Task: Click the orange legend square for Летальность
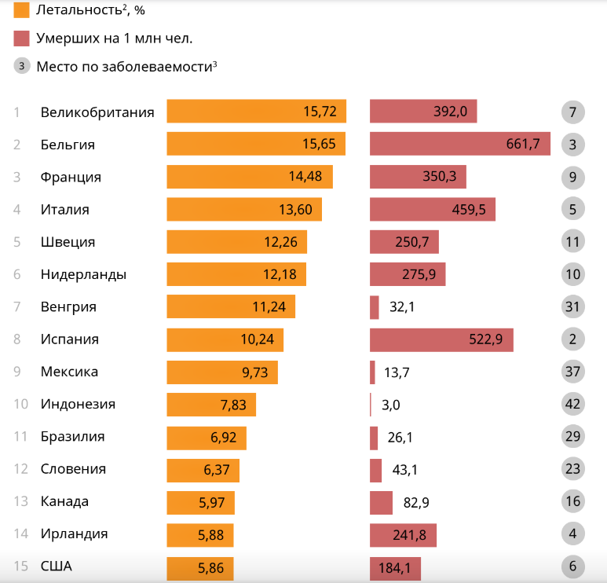point(22,10)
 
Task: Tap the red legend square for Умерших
point(22,38)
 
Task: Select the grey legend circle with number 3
point(22,66)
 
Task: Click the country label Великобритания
point(97,112)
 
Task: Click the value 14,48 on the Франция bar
point(305,177)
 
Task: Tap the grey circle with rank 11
point(573,241)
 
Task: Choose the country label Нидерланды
point(83,274)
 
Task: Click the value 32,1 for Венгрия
point(402,306)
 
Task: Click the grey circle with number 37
point(573,372)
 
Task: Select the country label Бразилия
point(72,436)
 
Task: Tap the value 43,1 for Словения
point(405,469)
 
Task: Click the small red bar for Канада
point(381,502)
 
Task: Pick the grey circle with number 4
point(573,534)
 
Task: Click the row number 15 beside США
point(21,566)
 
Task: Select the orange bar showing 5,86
point(199,567)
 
